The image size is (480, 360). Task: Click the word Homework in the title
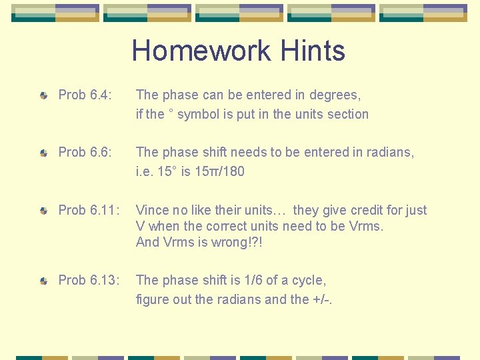[201, 51]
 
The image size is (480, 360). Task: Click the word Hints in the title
[313, 51]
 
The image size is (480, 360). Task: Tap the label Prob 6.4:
[84, 95]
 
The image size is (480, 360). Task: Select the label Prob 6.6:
[84, 153]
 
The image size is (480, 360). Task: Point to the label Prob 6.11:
[87, 211]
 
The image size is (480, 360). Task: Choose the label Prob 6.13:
[89, 281]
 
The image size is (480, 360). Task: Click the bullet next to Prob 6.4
[43, 97]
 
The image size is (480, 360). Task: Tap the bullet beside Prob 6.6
[43, 153]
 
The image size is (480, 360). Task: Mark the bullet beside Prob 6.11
[43, 211]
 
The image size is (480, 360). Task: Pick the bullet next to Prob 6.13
[43, 281]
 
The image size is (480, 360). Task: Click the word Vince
[153, 211]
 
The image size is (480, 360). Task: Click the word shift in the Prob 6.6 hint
[211, 153]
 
